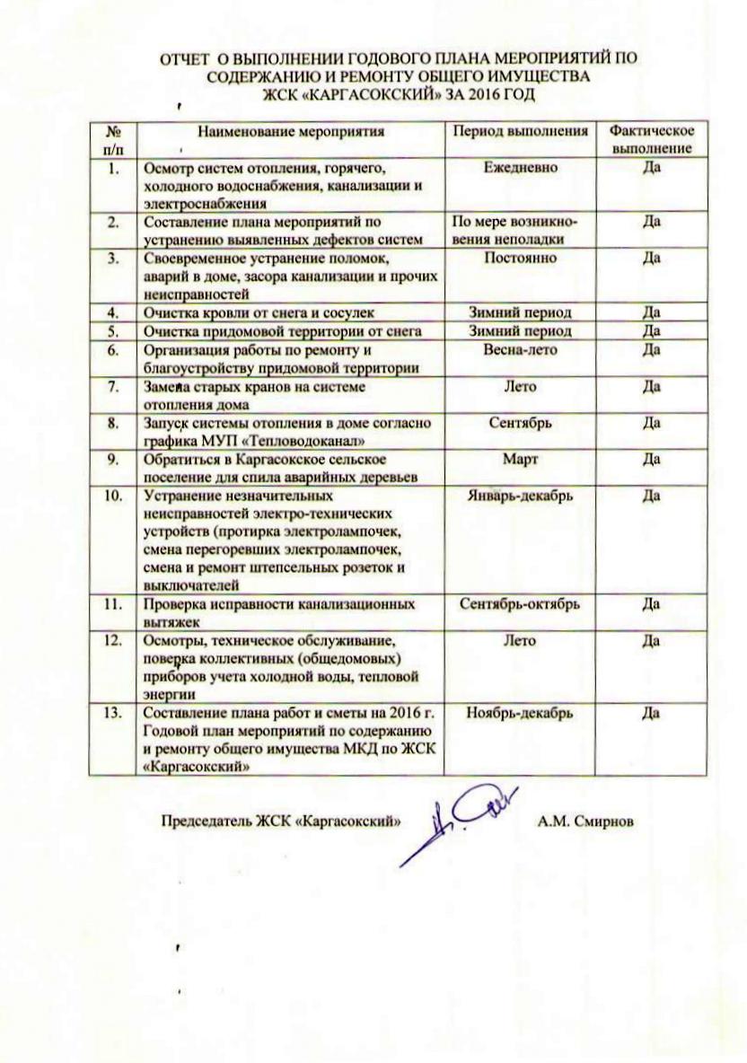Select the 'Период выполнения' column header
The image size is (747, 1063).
coord(520,133)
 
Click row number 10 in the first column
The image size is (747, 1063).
coord(112,495)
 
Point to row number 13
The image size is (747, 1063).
coord(112,713)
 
